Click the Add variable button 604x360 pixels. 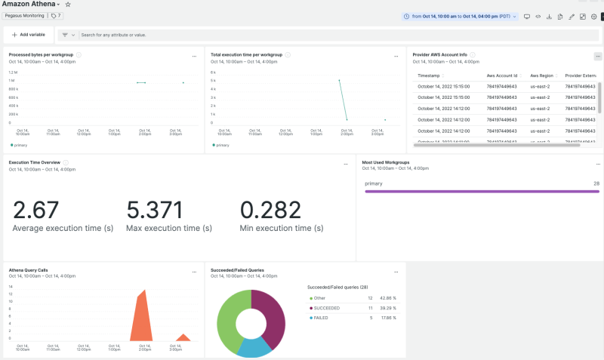(x=29, y=35)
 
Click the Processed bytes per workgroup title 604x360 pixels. (x=41, y=55)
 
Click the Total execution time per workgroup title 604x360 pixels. (x=246, y=55)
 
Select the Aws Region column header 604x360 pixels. (x=542, y=75)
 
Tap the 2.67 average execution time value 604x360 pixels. (x=35, y=210)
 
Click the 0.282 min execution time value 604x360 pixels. (x=270, y=210)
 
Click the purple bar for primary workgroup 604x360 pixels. (x=481, y=192)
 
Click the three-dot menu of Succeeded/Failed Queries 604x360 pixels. (x=396, y=272)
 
